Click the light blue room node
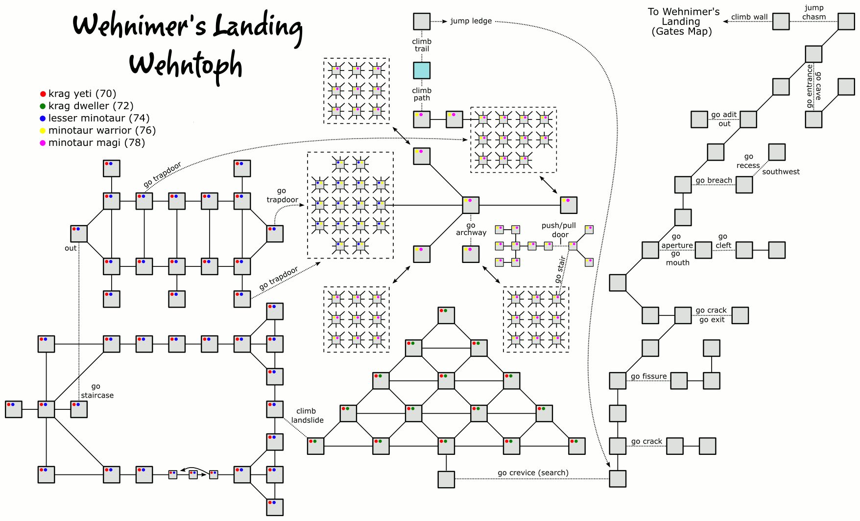[x=422, y=71]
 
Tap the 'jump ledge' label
[x=471, y=21]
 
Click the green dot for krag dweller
[x=43, y=106]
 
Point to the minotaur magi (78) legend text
[x=96, y=143]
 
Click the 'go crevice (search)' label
[x=533, y=473]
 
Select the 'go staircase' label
[x=97, y=391]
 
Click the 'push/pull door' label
[x=559, y=230]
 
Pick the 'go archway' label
[x=471, y=229]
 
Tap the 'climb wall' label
[x=749, y=17]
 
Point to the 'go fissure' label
[x=648, y=377]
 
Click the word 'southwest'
[x=781, y=172]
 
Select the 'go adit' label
[x=724, y=115]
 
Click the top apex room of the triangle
[x=446, y=315]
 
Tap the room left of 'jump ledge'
[x=422, y=22]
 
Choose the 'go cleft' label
[x=723, y=241]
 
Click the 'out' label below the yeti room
[x=71, y=248]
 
